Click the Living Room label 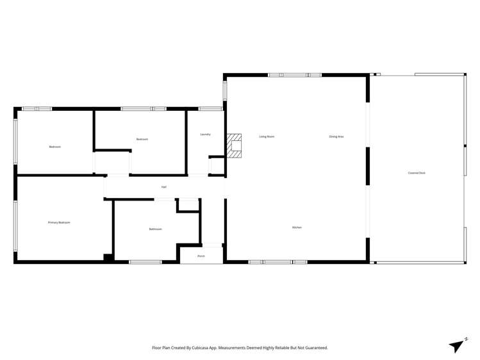[x=267, y=136]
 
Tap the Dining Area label [x=336, y=136]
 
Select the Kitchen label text [x=297, y=227]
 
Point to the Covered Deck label [x=417, y=173]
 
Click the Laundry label [x=205, y=135]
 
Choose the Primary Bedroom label [x=59, y=222]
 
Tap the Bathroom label [x=155, y=229]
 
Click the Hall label [x=164, y=187]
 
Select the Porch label [x=201, y=256]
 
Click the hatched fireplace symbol [x=235, y=146]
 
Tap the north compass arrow [x=456, y=346]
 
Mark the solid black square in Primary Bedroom [x=108, y=258]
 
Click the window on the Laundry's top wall [x=210, y=109]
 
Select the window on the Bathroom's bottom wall [x=145, y=261]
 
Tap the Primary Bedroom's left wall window [x=15, y=226]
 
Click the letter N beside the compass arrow [x=466, y=338]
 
